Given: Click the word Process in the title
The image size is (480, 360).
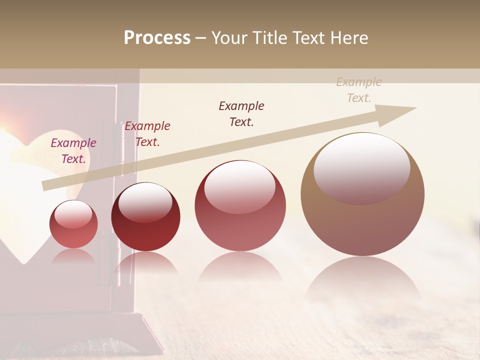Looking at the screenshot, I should (x=157, y=38).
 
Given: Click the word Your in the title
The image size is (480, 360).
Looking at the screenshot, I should (x=230, y=38).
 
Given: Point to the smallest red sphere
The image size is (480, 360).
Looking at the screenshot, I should (x=73, y=224).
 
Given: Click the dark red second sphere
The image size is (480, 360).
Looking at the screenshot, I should (x=145, y=216).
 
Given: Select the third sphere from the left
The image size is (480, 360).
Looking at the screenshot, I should (x=240, y=205).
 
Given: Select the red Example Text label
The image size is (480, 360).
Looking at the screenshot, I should (x=147, y=134).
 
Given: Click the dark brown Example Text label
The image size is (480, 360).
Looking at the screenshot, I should (x=241, y=114).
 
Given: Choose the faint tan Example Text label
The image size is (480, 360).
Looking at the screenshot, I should (x=359, y=90).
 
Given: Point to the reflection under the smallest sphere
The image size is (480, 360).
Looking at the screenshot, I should (x=73, y=256).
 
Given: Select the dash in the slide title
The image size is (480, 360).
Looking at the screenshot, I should (x=201, y=38).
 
